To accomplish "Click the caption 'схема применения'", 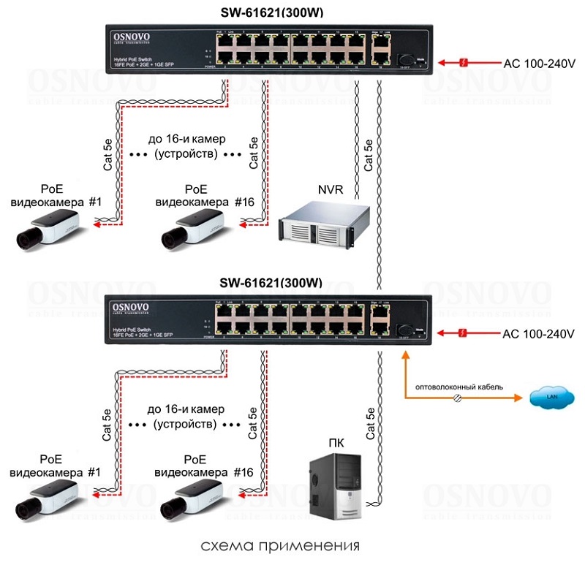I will point(282,546).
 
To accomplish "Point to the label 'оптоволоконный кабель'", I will point(458,385).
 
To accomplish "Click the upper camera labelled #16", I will point(192,227).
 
